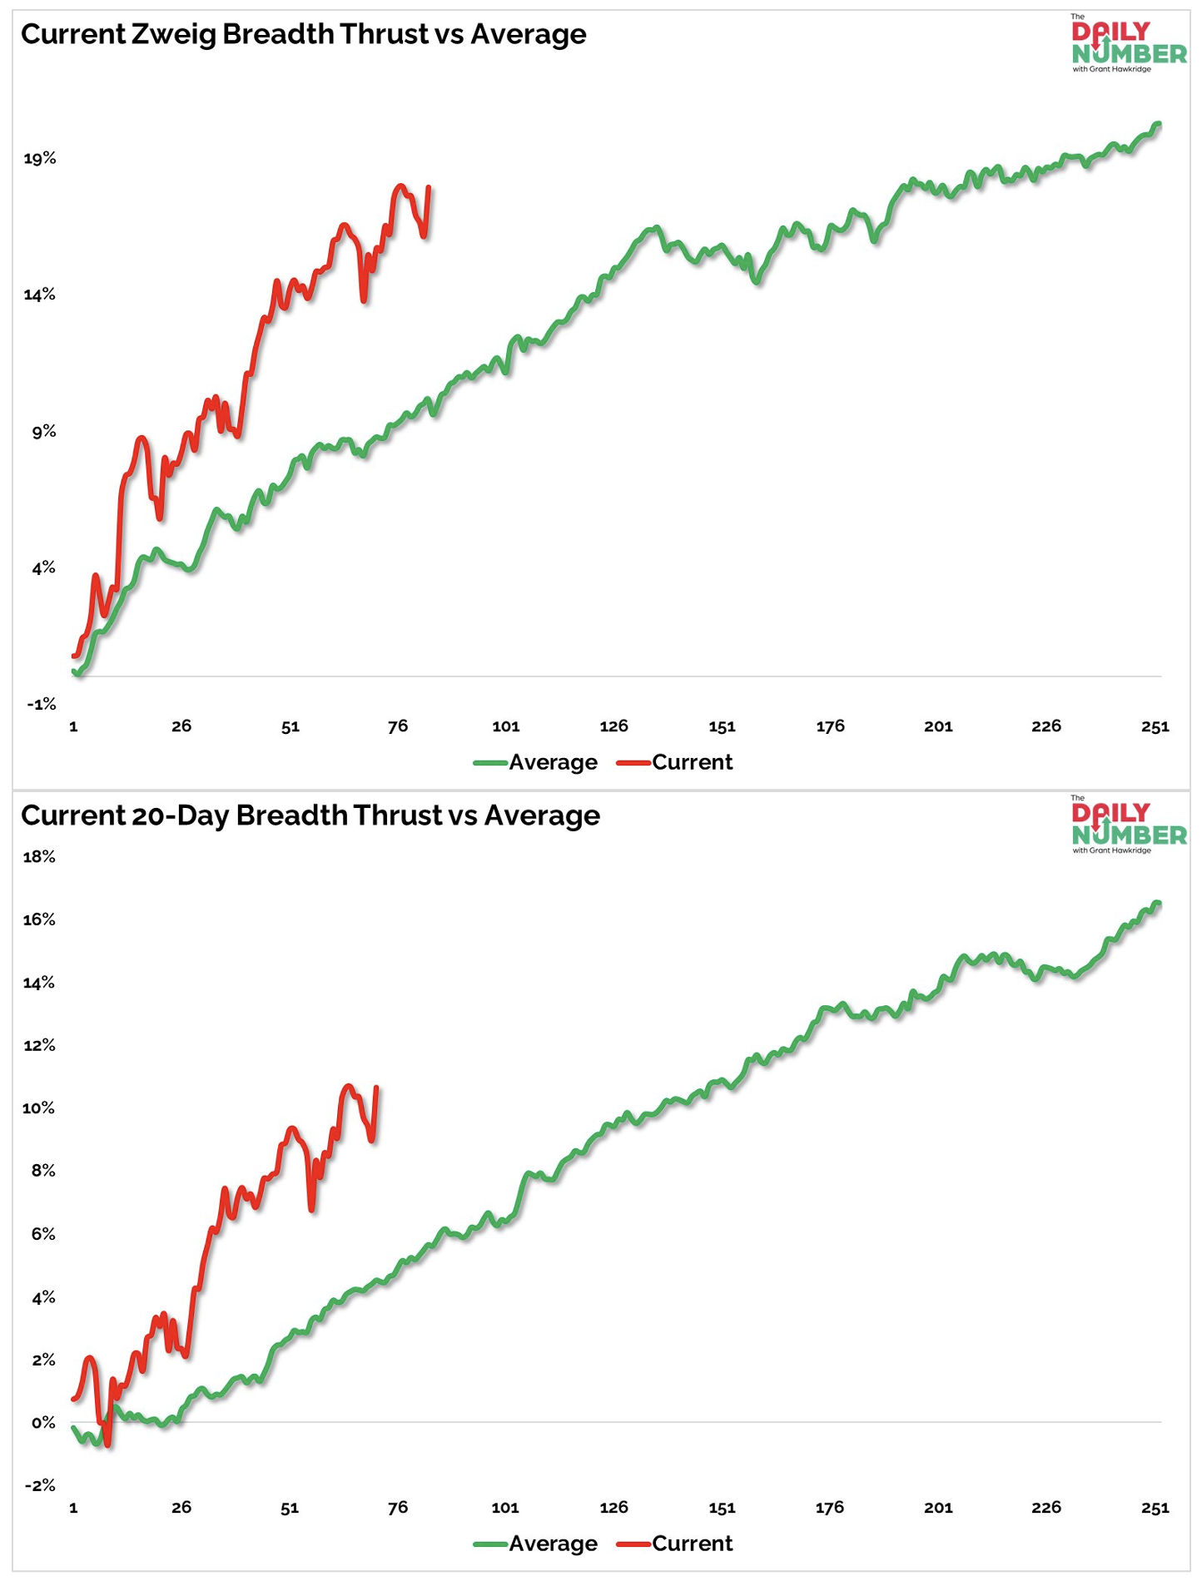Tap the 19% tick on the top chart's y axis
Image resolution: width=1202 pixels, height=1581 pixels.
(39, 158)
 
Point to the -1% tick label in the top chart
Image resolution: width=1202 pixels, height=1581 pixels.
(42, 704)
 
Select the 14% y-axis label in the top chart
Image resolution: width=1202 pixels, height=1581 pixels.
(39, 295)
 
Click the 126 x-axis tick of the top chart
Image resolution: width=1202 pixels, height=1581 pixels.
(613, 726)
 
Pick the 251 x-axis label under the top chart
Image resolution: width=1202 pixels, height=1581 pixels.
(1155, 726)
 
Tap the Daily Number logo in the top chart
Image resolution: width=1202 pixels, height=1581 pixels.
(1128, 44)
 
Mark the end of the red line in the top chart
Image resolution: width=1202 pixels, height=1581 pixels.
(429, 187)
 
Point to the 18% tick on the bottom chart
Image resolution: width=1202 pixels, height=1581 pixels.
(39, 856)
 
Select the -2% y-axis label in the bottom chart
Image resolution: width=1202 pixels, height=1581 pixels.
(40, 1484)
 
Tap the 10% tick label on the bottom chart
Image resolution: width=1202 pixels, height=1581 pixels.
(39, 1108)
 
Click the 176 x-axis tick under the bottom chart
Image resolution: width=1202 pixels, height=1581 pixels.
(829, 1508)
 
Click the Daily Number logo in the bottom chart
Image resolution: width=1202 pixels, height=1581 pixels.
(1128, 825)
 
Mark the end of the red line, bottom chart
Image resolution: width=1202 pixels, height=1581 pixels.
(376, 1088)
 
